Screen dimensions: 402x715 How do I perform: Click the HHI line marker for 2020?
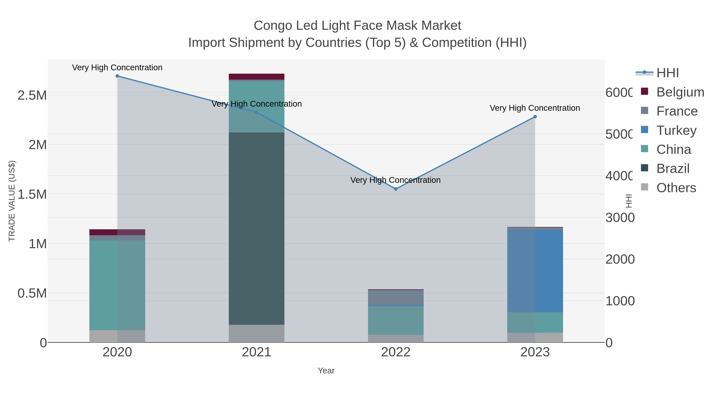tap(117, 76)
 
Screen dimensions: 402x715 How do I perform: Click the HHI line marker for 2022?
tap(396, 189)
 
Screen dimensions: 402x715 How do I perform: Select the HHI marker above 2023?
tap(535, 117)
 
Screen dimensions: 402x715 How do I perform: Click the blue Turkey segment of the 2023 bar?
tap(535, 271)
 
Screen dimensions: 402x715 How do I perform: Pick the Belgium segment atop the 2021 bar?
tap(256, 77)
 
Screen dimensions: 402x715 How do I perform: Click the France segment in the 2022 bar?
tap(396, 297)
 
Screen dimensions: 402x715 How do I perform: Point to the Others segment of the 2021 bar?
tap(256, 334)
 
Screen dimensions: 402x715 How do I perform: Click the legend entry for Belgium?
tap(680, 92)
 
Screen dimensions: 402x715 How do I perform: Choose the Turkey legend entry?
tap(676, 130)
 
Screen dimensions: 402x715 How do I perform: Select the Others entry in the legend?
tap(676, 188)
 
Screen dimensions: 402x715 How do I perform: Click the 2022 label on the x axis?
tap(396, 352)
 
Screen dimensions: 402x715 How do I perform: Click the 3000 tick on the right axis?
tap(619, 218)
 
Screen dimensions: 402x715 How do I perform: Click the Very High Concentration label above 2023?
tap(535, 108)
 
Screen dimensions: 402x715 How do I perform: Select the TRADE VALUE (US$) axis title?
tap(12, 201)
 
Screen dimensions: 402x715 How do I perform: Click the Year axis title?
tap(326, 371)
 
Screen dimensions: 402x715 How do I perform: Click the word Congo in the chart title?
tap(272, 26)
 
